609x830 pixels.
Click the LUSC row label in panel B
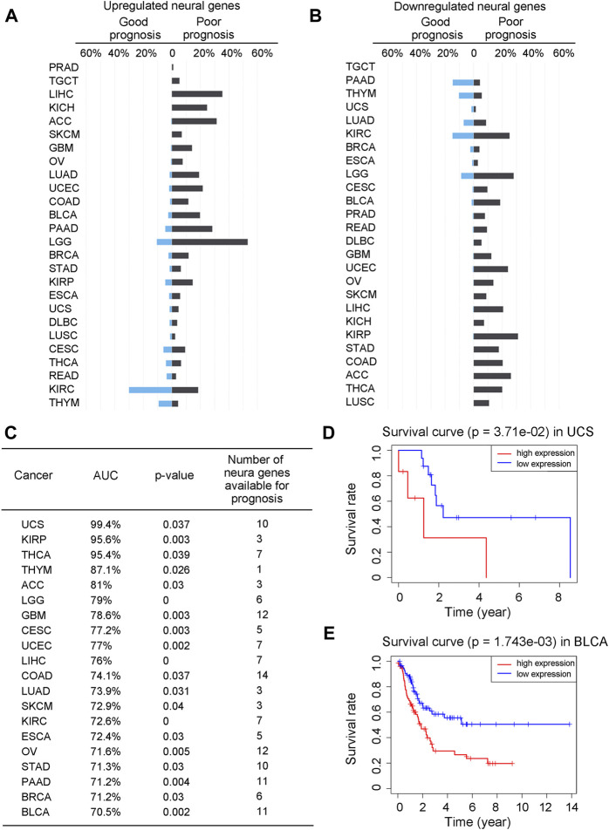(x=360, y=403)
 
